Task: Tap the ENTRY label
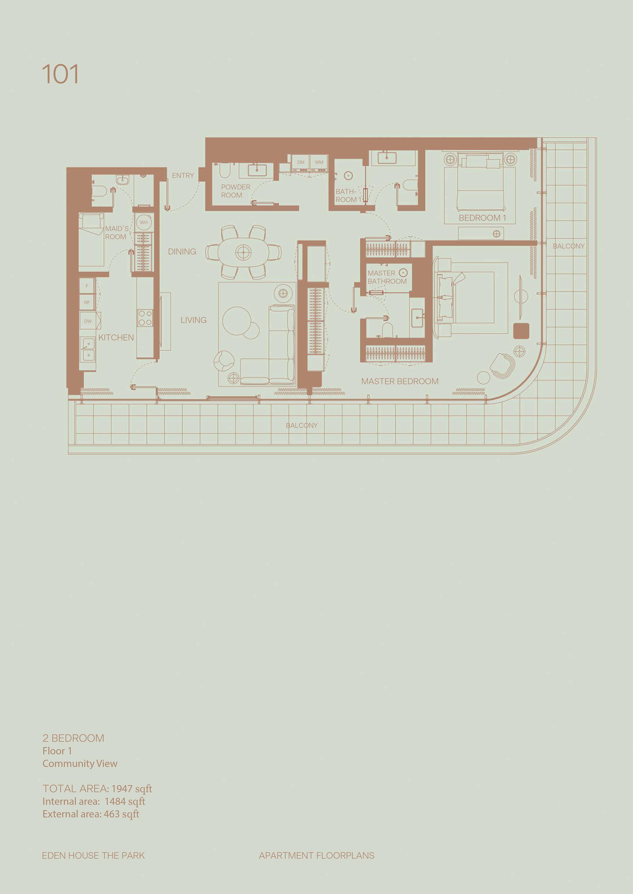183,176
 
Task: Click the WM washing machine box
319,162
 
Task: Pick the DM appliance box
301,162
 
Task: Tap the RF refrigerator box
87,302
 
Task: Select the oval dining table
244,252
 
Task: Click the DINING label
182,252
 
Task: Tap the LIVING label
194,320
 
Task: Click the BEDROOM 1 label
482,218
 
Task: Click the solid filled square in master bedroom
521,331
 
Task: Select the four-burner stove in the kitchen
145,318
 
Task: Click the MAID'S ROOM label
116,232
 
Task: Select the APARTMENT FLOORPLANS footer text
316,856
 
